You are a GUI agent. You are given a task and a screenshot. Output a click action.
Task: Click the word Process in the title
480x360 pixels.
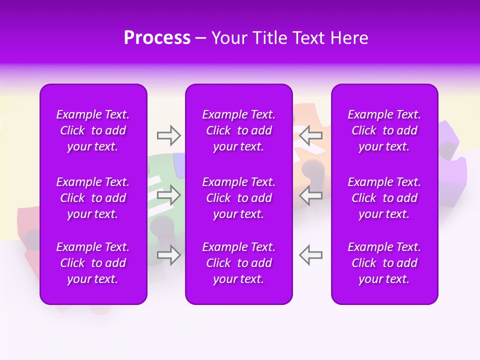[157, 38]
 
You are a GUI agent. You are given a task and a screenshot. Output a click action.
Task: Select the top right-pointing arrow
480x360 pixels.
[168, 135]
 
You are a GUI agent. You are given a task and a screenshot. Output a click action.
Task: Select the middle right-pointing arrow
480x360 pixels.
[168, 195]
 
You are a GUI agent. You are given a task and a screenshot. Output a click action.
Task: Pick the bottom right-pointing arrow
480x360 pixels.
[168, 255]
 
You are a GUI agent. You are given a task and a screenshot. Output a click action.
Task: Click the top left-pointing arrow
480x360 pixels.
[311, 135]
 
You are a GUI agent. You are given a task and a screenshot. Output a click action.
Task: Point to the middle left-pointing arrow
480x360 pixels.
[311, 195]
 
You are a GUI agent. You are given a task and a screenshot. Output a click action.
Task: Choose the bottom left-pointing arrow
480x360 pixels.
[311, 255]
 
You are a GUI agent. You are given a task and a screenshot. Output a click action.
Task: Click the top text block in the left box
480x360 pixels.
[93, 130]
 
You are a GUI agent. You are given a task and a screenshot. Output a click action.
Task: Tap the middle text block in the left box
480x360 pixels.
[93, 198]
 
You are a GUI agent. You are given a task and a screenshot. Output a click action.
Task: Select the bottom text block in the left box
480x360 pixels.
[93, 263]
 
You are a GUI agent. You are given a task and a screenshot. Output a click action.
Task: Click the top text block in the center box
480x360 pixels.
[239, 130]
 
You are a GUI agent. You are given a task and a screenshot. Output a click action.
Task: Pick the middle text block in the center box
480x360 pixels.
[239, 198]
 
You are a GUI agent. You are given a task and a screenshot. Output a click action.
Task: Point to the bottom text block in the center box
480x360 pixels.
[239, 263]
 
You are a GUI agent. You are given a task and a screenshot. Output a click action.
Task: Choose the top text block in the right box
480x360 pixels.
[384, 130]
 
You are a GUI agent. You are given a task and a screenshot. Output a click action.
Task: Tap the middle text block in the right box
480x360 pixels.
[384, 198]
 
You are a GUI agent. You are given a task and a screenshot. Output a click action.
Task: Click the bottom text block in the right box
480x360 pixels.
[384, 263]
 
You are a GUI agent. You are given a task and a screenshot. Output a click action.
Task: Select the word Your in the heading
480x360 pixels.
[228, 38]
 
